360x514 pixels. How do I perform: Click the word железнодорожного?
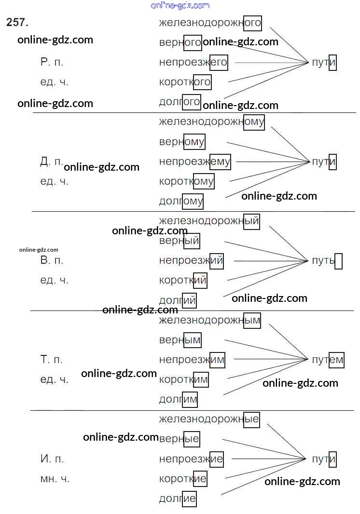(x=210, y=23)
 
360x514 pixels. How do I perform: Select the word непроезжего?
(x=193, y=63)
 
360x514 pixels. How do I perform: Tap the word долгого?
(x=180, y=102)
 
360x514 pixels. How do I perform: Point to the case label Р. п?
(x=52, y=62)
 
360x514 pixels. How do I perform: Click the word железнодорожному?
(x=211, y=122)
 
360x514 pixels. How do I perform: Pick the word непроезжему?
(x=194, y=162)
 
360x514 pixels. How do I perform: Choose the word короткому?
(x=186, y=181)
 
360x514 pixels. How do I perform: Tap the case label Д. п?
(x=51, y=162)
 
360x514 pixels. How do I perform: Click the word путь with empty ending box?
(x=327, y=261)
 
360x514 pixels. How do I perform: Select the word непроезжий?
(x=191, y=261)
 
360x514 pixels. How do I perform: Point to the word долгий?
(x=178, y=300)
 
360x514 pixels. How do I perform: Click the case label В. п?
(x=52, y=261)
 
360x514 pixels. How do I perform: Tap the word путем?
(x=328, y=360)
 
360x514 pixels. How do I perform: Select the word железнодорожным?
(x=209, y=320)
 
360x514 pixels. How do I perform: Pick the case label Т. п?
(x=52, y=360)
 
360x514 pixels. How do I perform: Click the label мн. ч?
(x=55, y=479)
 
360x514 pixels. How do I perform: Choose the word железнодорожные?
(x=209, y=419)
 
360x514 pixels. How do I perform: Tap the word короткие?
(x=183, y=479)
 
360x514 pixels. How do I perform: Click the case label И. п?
(x=52, y=459)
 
